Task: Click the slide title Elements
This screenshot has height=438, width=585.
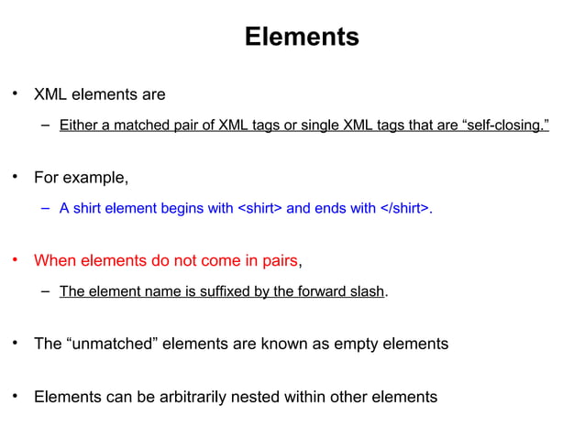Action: (302, 38)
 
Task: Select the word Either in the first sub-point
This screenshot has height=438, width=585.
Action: (77, 125)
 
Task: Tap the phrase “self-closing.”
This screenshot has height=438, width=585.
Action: (503, 125)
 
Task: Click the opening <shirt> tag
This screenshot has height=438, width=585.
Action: (259, 208)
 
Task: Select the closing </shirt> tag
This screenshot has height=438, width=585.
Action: (403, 208)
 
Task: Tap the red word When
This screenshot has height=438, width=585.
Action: (55, 260)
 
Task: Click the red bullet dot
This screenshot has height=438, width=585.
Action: (15, 260)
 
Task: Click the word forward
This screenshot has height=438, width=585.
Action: (320, 292)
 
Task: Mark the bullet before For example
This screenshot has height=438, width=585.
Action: (15, 176)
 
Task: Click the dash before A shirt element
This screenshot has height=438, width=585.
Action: (45, 208)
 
